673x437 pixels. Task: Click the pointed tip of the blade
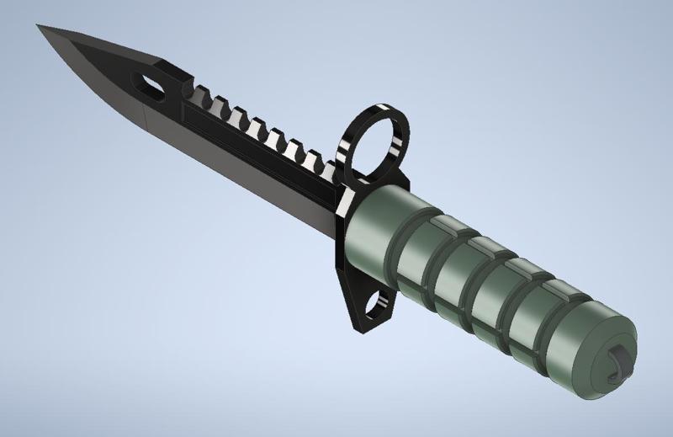(40, 27)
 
